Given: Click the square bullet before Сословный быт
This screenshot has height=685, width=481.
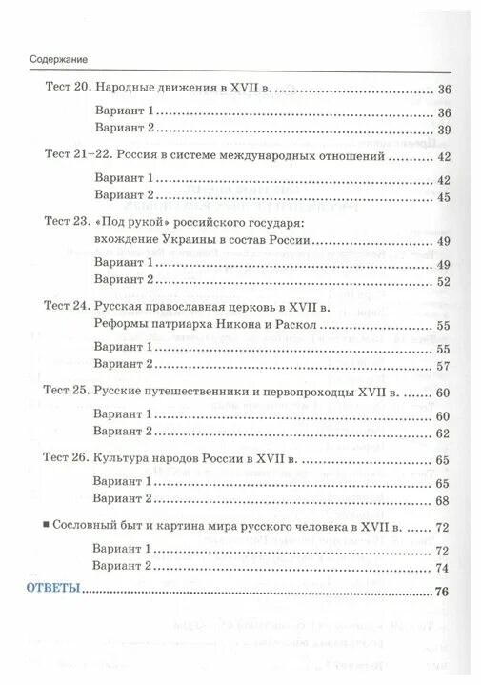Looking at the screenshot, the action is click(48, 528).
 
